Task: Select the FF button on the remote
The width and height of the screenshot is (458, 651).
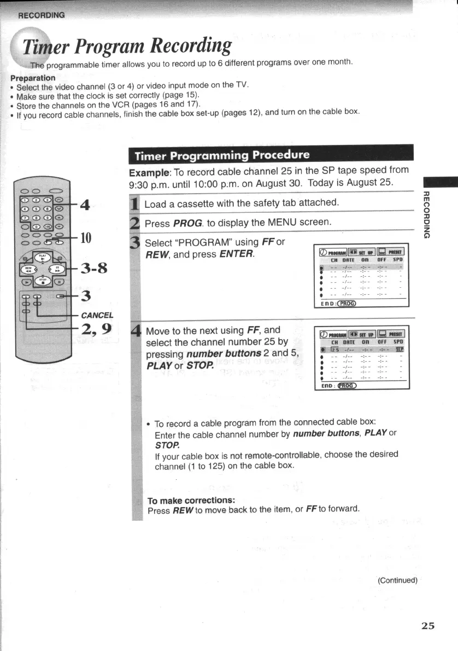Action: click(x=57, y=269)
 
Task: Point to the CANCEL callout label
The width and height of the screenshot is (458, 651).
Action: click(x=97, y=315)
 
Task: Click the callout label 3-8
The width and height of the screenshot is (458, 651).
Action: click(x=94, y=268)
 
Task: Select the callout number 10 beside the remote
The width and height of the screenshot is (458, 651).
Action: click(x=86, y=238)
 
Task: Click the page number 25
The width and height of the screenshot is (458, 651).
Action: click(x=428, y=626)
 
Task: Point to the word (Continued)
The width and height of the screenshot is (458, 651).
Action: click(x=397, y=580)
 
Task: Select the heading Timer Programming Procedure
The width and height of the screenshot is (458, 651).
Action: click(x=222, y=155)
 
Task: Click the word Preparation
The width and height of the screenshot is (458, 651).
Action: click(x=32, y=78)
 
